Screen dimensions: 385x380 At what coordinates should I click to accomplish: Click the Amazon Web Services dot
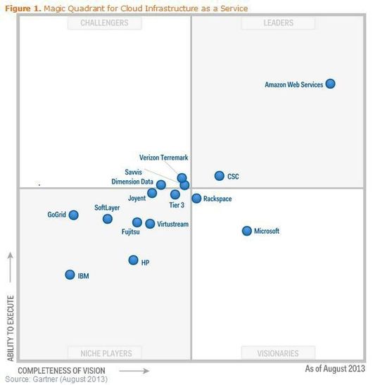tap(331, 84)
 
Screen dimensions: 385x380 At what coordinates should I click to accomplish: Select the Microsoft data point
tap(247, 231)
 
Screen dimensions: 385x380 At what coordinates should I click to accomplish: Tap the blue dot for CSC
tap(220, 176)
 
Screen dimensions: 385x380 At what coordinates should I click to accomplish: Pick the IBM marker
tap(70, 275)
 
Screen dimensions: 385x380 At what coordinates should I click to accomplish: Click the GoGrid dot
tap(73, 215)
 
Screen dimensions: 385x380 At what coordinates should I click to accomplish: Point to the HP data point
tap(133, 260)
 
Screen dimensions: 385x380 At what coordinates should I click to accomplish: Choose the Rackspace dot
tap(196, 198)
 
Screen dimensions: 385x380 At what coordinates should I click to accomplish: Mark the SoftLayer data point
tap(107, 219)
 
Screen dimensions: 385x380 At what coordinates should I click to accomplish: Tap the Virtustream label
tap(173, 224)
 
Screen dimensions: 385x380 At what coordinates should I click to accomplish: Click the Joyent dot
tap(152, 193)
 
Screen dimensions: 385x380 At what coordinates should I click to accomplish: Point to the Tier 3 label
tap(177, 206)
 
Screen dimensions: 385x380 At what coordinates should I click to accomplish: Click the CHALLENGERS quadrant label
tap(104, 23)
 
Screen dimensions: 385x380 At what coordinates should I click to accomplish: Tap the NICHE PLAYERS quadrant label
tap(104, 353)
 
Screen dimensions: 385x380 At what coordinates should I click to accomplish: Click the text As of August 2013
tap(335, 369)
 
